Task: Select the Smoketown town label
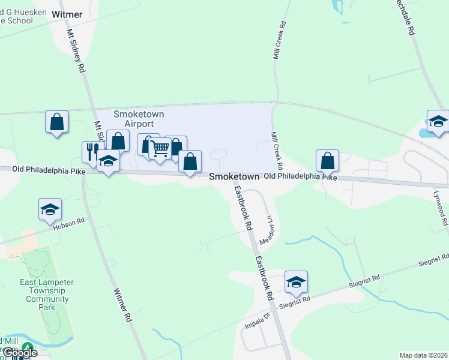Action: (234, 177)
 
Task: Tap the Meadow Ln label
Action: (267, 229)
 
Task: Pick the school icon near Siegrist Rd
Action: (296, 282)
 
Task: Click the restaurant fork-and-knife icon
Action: (92, 151)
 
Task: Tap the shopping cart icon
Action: (160, 149)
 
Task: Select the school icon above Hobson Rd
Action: (50, 209)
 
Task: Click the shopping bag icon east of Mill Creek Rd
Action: (327, 160)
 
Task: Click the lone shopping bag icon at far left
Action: (56, 122)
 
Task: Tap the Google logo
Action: (20, 353)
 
